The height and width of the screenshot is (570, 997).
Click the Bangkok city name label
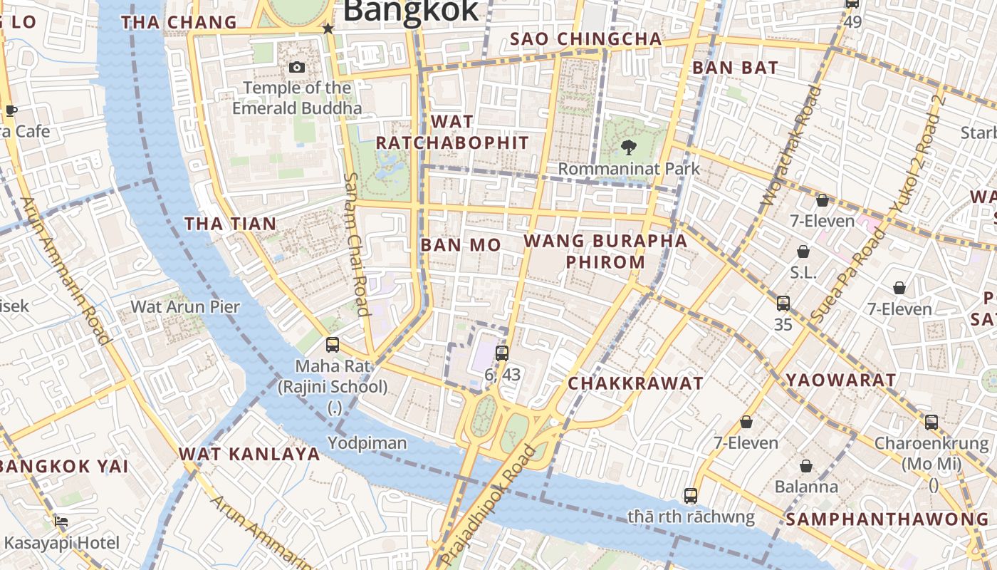411,11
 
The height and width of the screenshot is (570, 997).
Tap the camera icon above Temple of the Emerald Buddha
297,67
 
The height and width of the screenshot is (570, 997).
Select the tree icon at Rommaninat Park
628,147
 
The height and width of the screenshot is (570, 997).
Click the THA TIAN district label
230,224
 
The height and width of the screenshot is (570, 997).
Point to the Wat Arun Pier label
185,307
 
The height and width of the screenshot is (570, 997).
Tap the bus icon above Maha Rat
333,345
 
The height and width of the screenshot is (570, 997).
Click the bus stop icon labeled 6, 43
502,353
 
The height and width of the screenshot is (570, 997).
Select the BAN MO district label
461,245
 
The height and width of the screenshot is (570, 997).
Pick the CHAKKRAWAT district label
635,383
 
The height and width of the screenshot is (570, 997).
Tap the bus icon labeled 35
783,303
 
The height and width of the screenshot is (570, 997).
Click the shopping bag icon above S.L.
803,252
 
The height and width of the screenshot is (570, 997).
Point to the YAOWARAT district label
840,380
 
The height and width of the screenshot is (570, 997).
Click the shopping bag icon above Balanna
806,466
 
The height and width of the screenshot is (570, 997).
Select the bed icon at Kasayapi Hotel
62,521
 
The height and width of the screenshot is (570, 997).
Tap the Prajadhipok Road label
488,506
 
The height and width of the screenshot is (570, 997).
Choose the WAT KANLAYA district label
249,454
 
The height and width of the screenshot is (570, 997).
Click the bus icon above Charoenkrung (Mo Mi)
931,422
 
